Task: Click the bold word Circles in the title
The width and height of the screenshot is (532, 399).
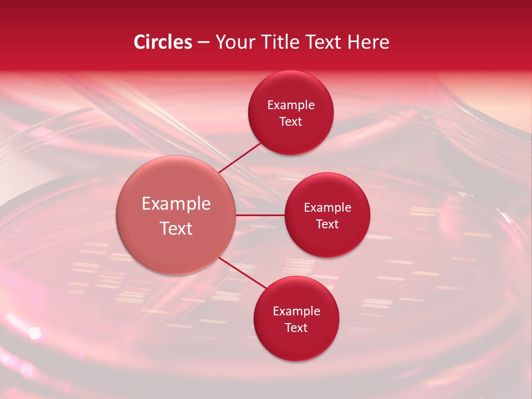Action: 163,42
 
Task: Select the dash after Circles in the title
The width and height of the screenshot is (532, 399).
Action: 203,43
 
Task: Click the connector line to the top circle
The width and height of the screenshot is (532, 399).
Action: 239,158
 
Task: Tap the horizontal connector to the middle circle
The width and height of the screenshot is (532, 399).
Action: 260,215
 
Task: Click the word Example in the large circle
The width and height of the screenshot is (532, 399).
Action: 176,204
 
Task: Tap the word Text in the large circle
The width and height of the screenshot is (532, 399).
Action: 176,228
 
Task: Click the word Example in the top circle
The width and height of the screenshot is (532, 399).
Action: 291,105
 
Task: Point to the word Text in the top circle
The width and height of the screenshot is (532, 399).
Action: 291,122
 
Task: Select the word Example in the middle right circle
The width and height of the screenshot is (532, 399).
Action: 328,208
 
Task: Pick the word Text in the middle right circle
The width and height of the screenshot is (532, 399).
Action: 328,224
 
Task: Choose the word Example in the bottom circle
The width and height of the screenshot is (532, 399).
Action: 296,311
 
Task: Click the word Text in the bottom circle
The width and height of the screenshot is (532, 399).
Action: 296,328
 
